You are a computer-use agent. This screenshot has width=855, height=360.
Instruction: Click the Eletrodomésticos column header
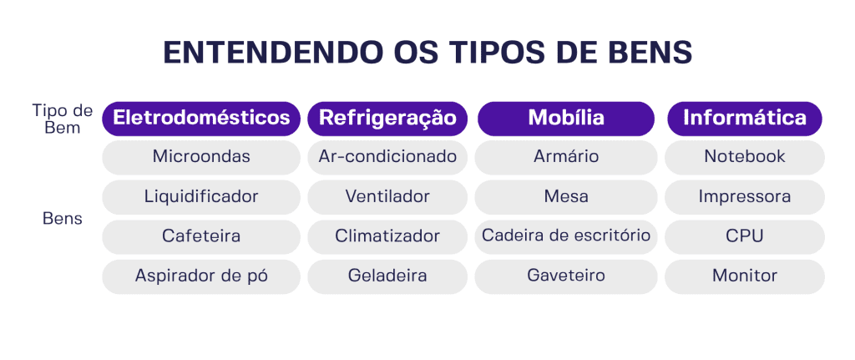201,119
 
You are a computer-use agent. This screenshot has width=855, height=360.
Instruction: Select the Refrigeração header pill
387,119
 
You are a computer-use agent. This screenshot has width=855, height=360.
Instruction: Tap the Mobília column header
566,119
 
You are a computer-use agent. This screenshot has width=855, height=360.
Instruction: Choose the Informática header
744,119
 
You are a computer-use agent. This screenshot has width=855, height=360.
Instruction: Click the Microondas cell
201,157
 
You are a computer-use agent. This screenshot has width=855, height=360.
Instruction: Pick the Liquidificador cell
201,197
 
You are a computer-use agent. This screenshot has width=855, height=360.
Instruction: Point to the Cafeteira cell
201,236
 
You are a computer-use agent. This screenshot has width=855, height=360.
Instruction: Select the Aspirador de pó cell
201,276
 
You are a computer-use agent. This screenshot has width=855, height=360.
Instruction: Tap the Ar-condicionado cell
387,157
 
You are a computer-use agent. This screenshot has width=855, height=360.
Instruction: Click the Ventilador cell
387,197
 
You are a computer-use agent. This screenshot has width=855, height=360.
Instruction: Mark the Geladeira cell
387,276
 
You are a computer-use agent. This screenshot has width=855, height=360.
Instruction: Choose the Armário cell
566,157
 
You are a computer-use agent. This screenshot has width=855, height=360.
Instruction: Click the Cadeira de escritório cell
566,236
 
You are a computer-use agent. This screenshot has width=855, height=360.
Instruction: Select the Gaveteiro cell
566,276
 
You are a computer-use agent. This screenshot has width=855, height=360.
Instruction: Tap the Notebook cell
744,157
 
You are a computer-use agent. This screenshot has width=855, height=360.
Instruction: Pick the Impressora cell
744,197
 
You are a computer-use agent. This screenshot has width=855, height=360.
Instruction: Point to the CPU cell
744,236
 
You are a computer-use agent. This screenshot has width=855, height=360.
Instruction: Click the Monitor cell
744,276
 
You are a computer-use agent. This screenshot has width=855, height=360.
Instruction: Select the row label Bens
63,220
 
